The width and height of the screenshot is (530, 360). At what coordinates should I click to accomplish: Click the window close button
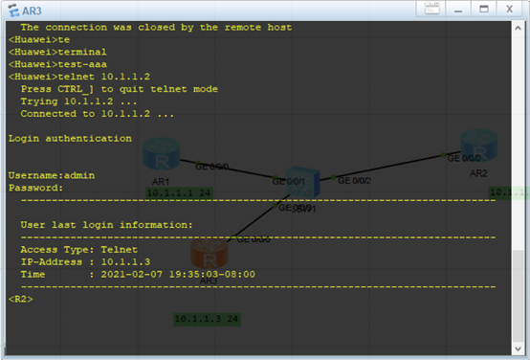click(x=511, y=9)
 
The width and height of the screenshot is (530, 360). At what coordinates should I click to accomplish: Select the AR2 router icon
click(x=475, y=146)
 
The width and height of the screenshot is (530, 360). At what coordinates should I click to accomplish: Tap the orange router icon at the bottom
click(x=207, y=256)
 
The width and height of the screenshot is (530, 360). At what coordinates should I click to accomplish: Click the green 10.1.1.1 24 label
click(x=178, y=192)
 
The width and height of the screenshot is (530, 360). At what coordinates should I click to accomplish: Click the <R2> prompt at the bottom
click(x=21, y=300)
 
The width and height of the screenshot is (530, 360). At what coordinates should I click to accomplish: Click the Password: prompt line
click(x=36, y=189)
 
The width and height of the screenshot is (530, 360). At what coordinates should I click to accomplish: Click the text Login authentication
click(x=70, y=139)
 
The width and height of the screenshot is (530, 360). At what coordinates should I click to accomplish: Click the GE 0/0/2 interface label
click(x=356, y=178)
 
